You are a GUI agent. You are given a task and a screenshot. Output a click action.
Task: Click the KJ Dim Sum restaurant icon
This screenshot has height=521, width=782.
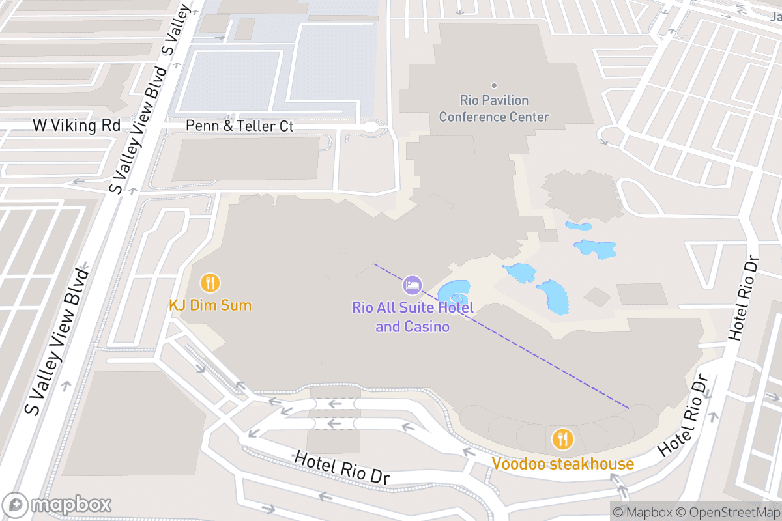(210, 283)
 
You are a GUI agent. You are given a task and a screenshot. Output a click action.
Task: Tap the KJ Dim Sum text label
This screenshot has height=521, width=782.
(210, 305)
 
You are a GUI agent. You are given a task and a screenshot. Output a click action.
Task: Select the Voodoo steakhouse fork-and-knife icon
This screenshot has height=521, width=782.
(562, 439)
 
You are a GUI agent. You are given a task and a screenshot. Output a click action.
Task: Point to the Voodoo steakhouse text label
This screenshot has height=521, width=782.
(562, 464)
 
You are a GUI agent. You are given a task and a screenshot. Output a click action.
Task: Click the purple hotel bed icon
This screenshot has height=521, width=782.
(412, 285)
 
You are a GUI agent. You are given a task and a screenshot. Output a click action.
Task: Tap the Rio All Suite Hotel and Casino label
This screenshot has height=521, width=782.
(413, 317)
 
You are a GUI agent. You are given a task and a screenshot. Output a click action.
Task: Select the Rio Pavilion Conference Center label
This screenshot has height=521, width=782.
(494, 109)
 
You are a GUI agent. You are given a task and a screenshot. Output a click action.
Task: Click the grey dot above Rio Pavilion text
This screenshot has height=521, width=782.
(494, 85)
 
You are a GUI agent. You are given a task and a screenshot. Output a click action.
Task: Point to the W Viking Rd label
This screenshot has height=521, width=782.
(77, 125)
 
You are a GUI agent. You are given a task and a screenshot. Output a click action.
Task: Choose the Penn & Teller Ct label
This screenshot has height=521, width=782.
(240, 126)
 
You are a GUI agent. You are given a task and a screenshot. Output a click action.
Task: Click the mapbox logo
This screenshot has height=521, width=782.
(57, 505)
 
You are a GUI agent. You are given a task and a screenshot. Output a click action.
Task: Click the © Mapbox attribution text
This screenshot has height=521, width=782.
(642, 512)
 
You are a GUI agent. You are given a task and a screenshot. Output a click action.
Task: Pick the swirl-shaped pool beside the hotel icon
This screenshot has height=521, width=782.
(454, 293)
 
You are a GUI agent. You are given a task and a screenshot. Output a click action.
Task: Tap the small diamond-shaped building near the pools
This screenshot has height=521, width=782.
(597, 296)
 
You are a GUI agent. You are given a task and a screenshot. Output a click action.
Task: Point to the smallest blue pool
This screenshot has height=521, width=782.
(579, 226)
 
